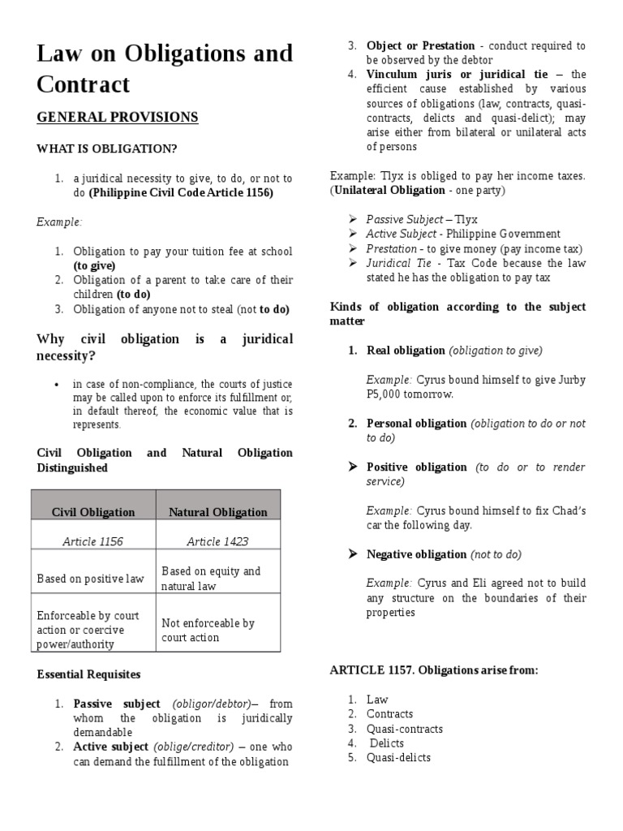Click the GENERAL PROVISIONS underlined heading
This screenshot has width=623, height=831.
point(118,118)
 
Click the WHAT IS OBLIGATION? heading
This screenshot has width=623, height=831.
point(106,149)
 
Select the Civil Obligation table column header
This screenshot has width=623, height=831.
point(93,512)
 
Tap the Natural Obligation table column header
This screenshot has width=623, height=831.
point(217,512)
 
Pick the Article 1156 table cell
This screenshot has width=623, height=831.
point(92,541)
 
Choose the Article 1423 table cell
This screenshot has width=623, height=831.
point(217,541)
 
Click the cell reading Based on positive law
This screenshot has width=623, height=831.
point(91,579)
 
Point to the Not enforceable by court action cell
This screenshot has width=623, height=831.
point(208,631)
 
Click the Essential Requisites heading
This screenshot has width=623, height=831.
point(89,674)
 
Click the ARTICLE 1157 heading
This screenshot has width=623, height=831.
point(434,670)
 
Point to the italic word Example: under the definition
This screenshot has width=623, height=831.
point(59,222)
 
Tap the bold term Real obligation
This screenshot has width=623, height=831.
point(406,351)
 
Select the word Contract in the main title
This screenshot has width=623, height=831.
point(84,84)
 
